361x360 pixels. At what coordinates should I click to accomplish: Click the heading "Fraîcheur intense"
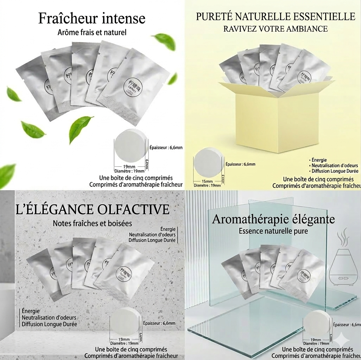coord(91,18)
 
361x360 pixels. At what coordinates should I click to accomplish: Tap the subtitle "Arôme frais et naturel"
coord(91,33)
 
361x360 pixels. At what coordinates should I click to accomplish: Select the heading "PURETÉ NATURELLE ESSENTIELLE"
coord(275,17)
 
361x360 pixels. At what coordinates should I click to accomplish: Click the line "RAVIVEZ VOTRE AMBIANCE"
coord(275,29)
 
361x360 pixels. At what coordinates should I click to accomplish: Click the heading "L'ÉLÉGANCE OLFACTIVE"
coord(93,209)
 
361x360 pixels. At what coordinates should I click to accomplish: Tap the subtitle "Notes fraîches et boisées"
coord(92,223)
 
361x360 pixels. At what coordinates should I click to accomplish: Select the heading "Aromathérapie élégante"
coord(273,219)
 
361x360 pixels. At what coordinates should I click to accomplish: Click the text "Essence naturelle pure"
coord(273,231)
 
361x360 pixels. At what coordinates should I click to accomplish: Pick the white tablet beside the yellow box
coord(209,163)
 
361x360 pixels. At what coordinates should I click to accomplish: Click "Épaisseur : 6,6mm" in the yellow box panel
coord(240,164)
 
